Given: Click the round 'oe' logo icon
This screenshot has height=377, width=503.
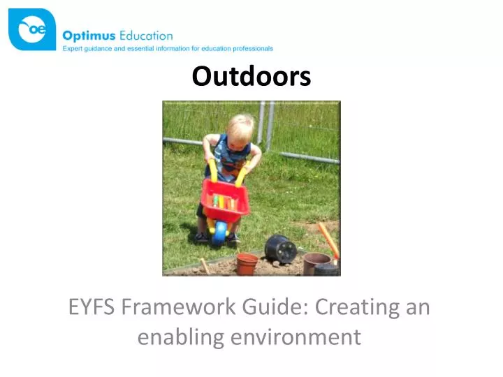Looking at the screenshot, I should (x=31, y=29).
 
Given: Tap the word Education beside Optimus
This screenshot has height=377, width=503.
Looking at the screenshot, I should (x=145, y=35).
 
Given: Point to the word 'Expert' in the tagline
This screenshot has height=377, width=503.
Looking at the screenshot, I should (x=73, y=48).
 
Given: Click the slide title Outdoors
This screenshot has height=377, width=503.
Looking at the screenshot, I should (x=251, y=76).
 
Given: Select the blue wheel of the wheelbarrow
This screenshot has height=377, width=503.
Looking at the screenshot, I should (x=219, y=232).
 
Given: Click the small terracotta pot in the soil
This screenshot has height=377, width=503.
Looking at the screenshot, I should (x=247, y=264).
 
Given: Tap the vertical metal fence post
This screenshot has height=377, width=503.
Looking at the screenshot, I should (x=270, y=126).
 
